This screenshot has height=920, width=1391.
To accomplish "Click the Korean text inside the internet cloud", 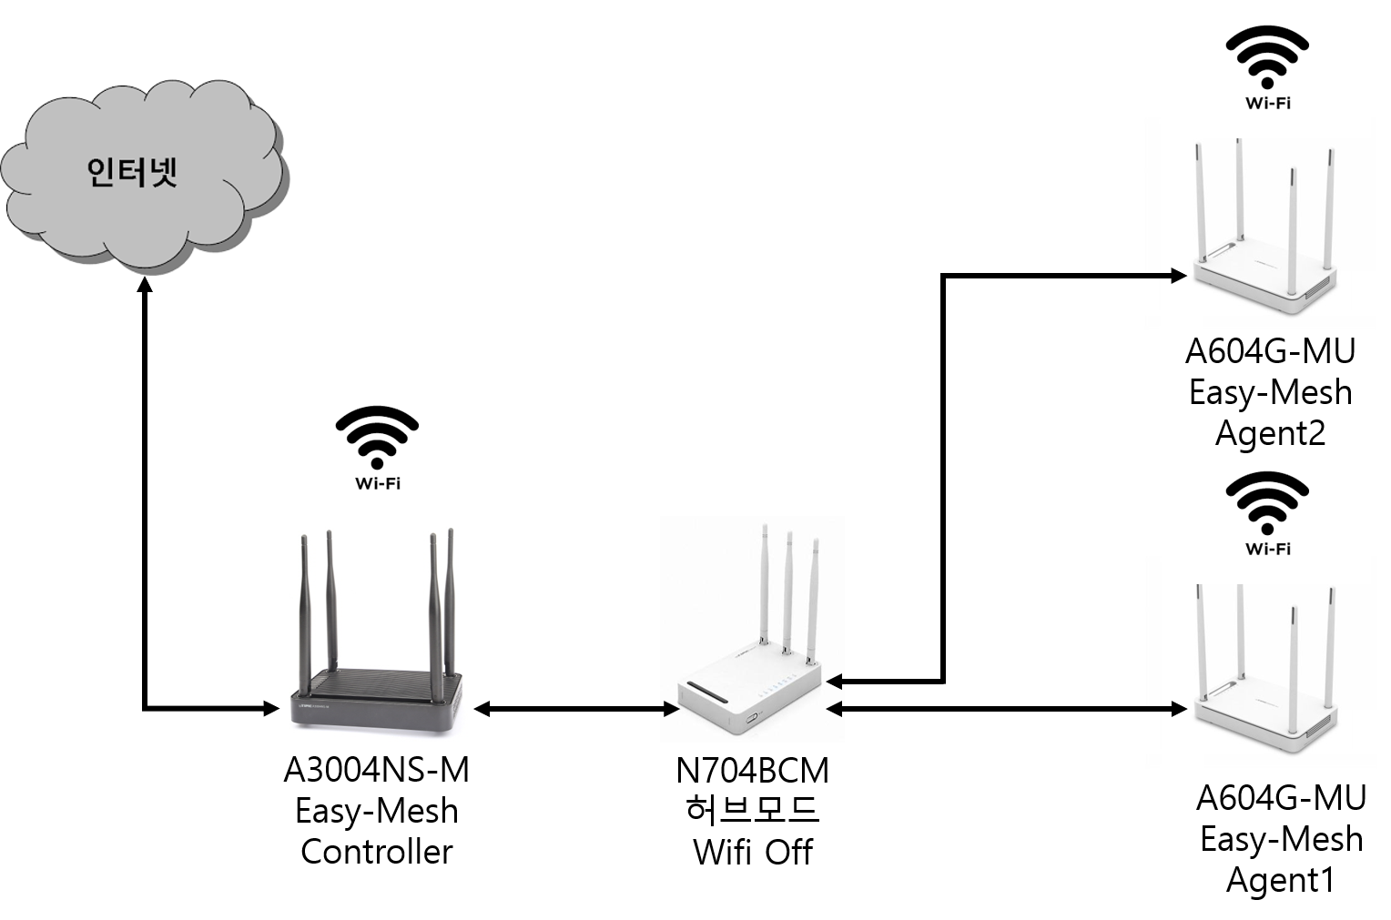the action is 132,172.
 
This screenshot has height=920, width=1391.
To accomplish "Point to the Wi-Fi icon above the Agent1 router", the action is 1267,513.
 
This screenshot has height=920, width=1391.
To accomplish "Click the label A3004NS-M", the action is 376,770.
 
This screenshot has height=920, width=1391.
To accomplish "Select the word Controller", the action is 376,851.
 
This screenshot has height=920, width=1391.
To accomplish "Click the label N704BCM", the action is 752,770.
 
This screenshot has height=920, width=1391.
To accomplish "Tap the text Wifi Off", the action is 753,852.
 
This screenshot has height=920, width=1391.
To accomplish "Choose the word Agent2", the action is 1271,433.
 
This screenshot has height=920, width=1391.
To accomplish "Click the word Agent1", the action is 1281,880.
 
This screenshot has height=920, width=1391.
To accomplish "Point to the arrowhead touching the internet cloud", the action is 145,284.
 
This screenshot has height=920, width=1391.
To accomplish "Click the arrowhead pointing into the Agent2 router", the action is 1179,276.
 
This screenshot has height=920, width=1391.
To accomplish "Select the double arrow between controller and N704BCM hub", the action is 576,708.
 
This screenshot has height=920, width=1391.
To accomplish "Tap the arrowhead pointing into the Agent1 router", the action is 1179,708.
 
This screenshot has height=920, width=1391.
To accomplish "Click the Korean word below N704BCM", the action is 753,810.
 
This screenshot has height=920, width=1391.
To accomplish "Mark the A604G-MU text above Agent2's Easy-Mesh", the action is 1271,351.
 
